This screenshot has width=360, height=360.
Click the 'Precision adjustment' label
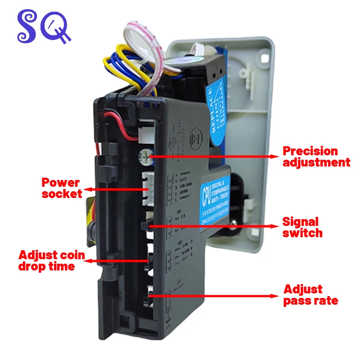pyautogui.click(x=316, y=156)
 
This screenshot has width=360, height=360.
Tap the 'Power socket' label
pyautogui.click(x=61, y=188)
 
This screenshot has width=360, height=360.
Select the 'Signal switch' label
pyautogui.click(x=302, y=227)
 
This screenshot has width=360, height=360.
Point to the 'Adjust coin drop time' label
pyautogui.click(x=52, y=261)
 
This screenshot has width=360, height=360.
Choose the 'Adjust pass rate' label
pyautogui.click(x=310, y=295)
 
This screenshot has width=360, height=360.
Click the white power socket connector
pyautogui.click(x=147, y=189)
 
